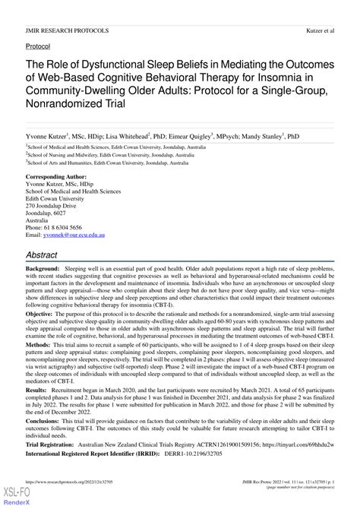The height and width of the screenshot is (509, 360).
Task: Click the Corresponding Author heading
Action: tap(58, 177)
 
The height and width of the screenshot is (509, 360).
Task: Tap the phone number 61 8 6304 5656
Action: tap(65, 228)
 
